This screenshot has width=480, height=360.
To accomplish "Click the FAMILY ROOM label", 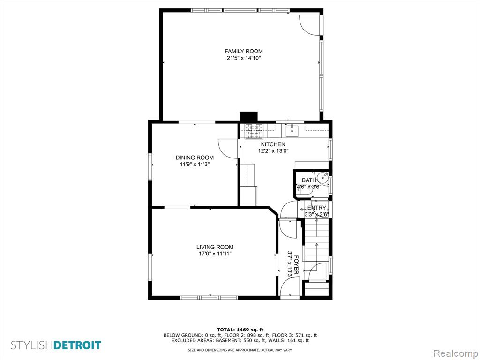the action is coord(244,52).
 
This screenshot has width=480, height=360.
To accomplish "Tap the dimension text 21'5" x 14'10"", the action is coord(244,58).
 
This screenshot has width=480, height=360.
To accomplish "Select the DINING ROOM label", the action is coord(195,157).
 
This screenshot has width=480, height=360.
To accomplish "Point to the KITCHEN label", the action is coord(273,144).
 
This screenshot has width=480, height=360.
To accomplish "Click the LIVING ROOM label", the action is coord(215,247).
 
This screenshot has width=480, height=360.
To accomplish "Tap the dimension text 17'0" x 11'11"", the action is coord(215,254).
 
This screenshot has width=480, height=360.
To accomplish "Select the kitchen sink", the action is coord(293,130).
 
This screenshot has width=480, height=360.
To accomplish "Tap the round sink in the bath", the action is coord(322,177).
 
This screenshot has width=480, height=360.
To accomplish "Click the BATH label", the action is coord(309,180).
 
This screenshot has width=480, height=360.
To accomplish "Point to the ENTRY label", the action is coord(317,208).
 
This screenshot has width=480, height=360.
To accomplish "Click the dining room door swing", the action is coord(228,149).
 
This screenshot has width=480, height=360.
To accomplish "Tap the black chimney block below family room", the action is coord(249,117).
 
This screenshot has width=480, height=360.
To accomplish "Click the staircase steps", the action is coord(316,242).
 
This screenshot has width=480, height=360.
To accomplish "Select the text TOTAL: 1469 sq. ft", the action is coord(240,330).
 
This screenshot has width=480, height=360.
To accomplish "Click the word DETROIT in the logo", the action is coord(77,345).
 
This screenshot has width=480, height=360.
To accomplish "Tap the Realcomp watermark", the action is coord(456,353).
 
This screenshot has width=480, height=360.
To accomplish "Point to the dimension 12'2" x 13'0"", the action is coord(273,150).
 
